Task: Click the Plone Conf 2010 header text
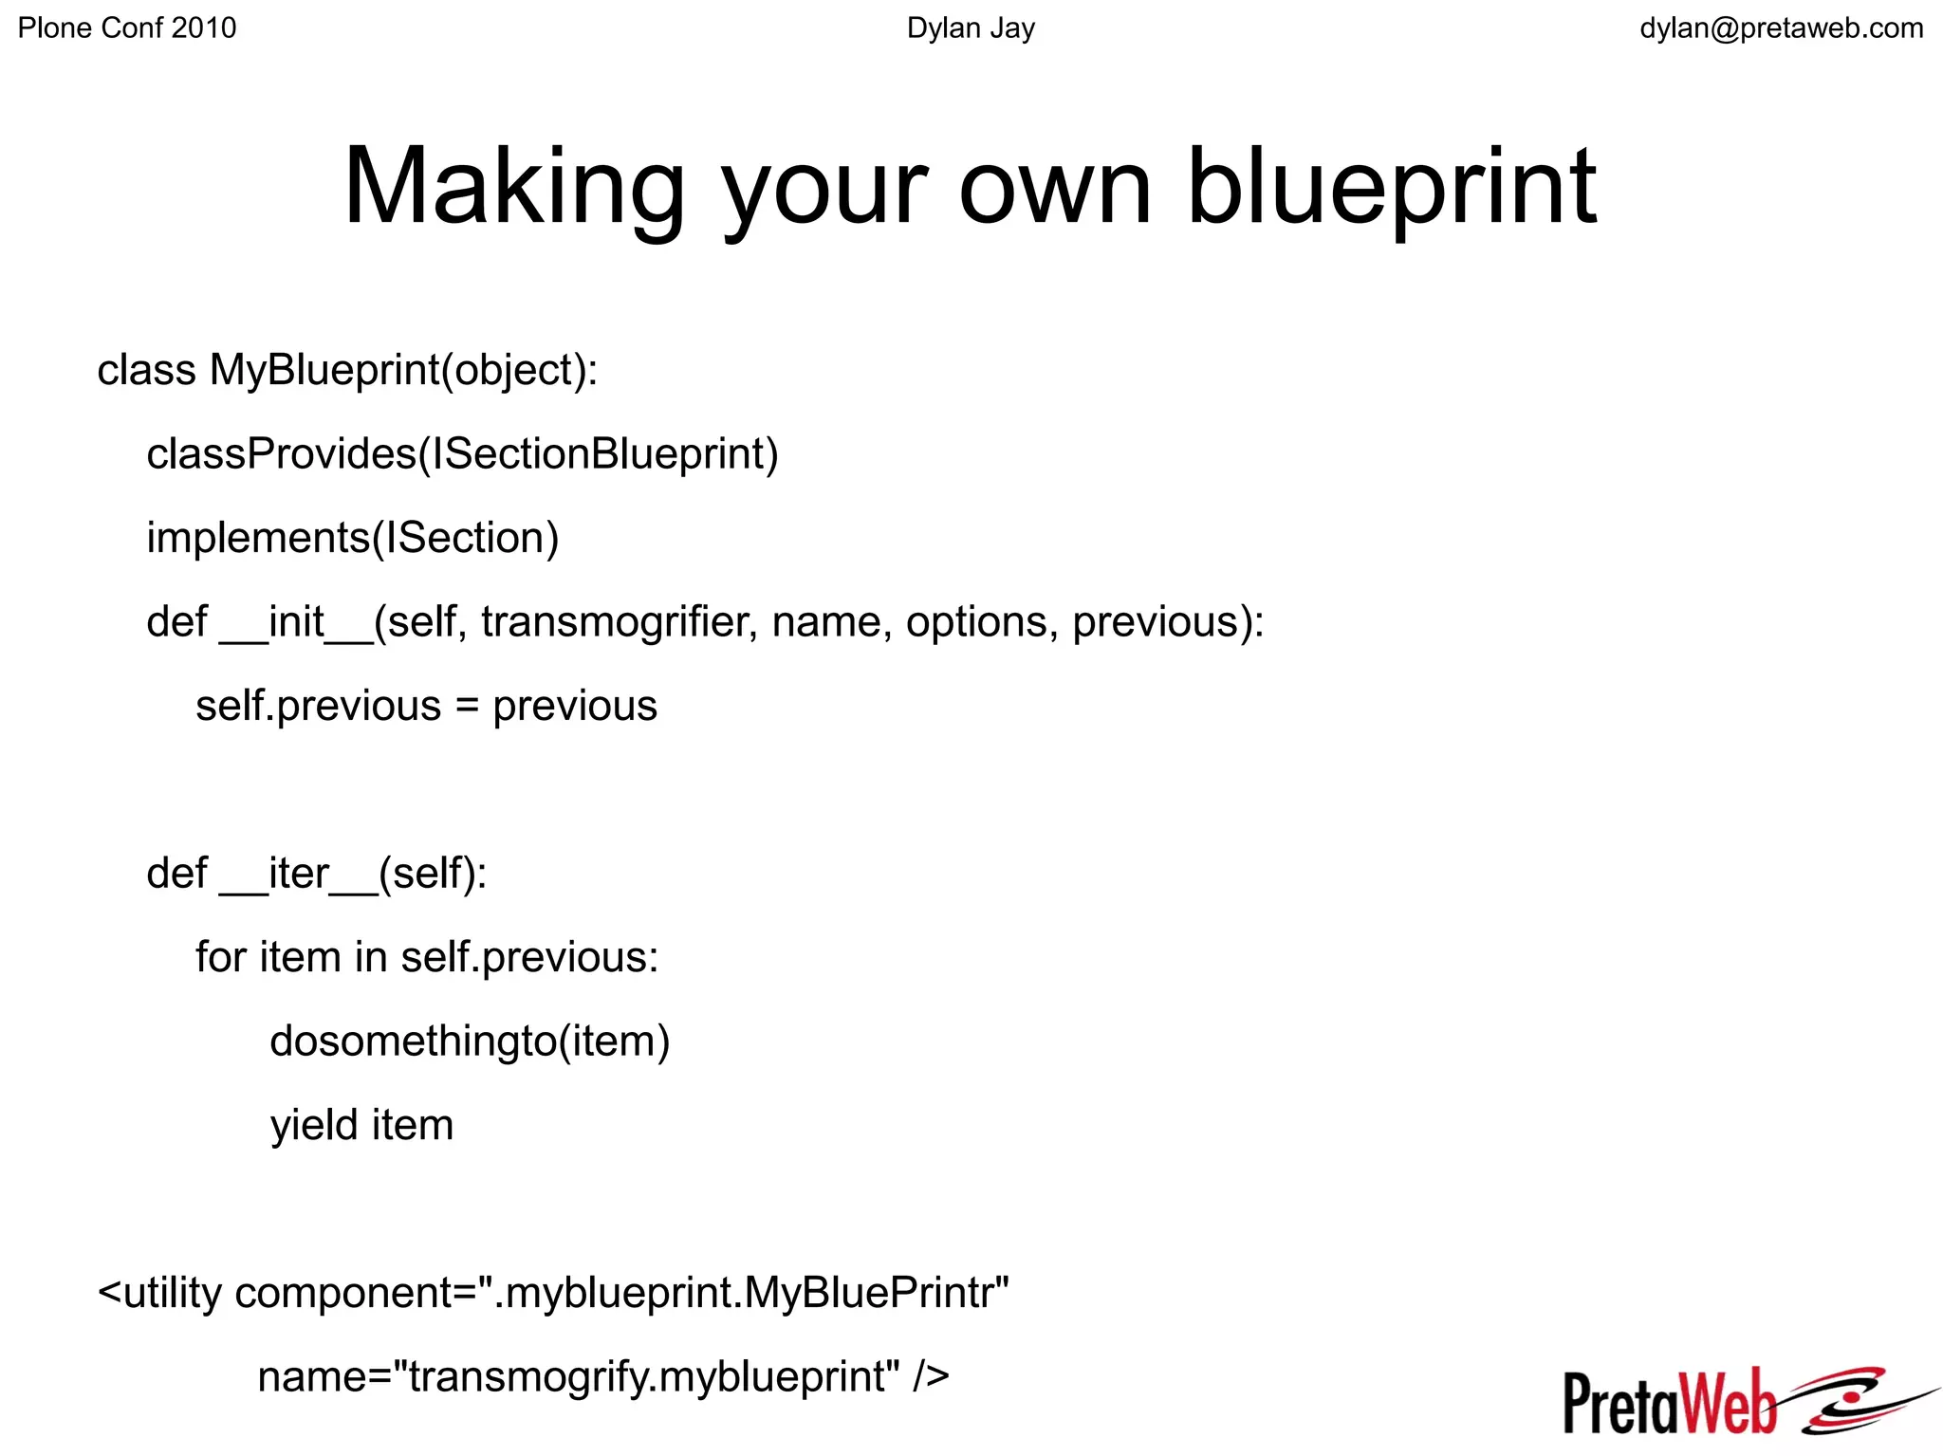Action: pos(127,28)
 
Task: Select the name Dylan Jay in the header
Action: pos(971,28)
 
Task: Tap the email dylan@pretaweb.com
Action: pos(1781,28)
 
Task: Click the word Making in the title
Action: pos(513,187)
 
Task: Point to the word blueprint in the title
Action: pos(1392,187)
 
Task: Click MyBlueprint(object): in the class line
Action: pos(403,370)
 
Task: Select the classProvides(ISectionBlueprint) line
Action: pos(462,454)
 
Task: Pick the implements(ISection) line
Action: pos(352,538)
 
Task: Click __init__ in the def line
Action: pos(297,622)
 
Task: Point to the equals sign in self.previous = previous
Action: pos(467,707)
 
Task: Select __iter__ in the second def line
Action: pos(299,874)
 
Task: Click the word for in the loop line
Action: pos(221,957)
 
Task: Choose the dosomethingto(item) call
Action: pos(470,1041)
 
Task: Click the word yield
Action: pos(314,1126)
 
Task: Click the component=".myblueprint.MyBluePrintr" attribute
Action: pos(621,1293)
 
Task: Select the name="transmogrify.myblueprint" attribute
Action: pos(579,1376)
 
